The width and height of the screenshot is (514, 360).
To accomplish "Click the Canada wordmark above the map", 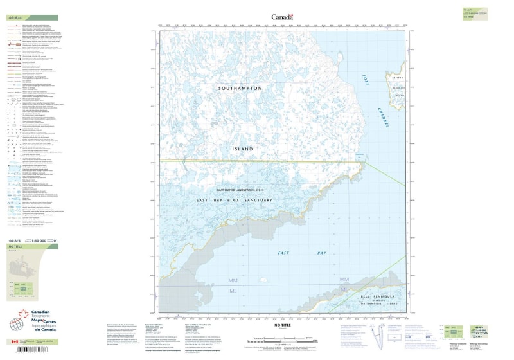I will tap(283, 17).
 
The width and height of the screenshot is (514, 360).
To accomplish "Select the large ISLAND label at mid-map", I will tap(242, 148).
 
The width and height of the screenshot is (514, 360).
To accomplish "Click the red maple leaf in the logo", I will tap(26, 316).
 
